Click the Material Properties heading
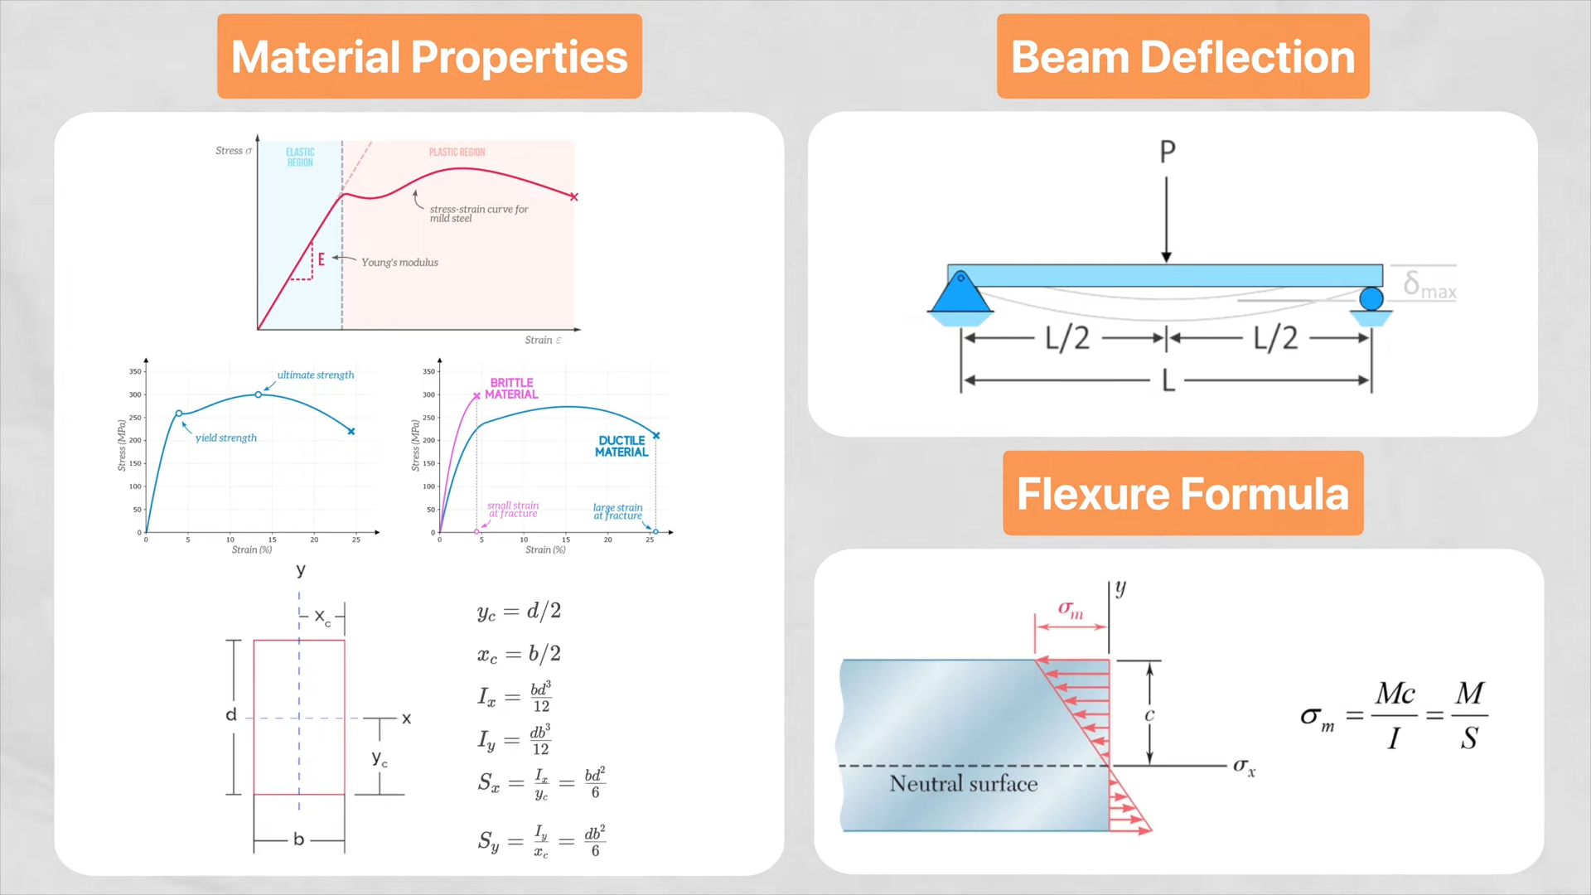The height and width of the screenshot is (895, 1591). click(x=429, y=56)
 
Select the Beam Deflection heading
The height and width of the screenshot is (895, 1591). click(x=1182, y=56)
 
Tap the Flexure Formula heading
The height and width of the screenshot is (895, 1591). click(x=1182, y=493)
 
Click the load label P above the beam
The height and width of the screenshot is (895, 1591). click(x=1167, y=152)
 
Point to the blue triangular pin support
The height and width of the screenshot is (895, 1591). click(x=960, y=293)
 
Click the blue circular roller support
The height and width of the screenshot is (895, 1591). click(x=1371, y=298)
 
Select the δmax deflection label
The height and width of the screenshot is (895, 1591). click(x=1429, y=285)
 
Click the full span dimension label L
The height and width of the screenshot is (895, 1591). click(x=1168, y=380)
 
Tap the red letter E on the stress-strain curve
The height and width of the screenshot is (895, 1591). click(x=322, y=259)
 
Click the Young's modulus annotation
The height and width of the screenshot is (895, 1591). click(x=399, y=263)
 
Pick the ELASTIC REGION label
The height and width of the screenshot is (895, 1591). click(x=300, y=157)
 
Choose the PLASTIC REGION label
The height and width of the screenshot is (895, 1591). click(x=457, y=152)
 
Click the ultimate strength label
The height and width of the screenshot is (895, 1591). click(x=315, y=375)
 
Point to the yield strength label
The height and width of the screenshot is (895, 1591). click(x=226, y=438)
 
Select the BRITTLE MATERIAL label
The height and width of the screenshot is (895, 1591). click(x=511, y=389)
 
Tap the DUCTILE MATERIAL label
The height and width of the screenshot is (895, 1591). click(x=621, y=447)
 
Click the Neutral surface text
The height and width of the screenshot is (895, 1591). click(x=963, y=784)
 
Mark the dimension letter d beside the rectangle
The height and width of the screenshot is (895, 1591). click(x=231, y=714)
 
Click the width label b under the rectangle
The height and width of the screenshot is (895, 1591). click(x=298, y=839)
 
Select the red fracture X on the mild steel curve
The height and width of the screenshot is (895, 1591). click(x=573, y=197)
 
